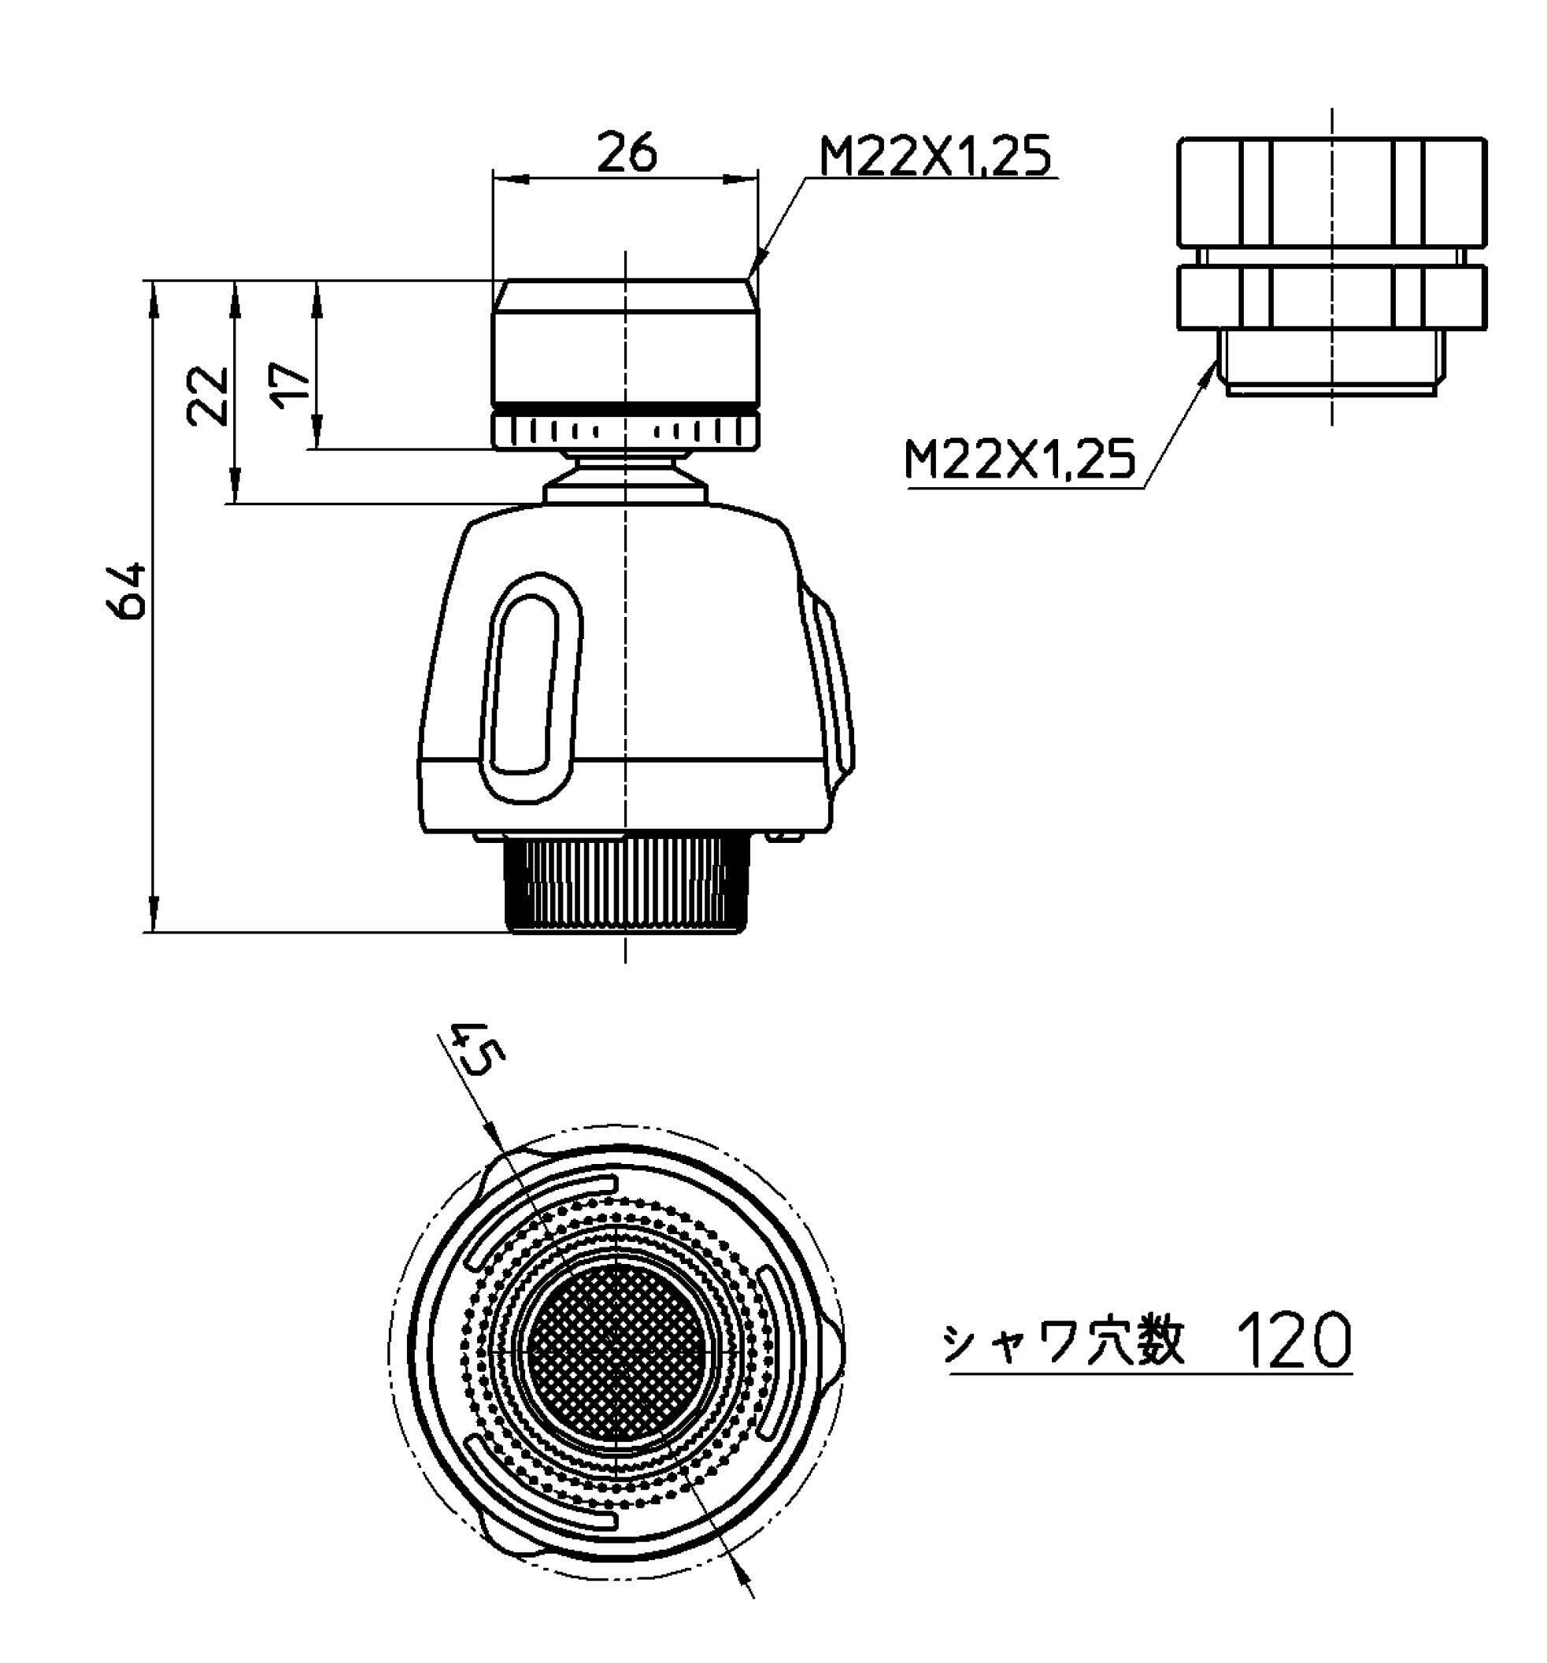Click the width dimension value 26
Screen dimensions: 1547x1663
(x=627, y=151)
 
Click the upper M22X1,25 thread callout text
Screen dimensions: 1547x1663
(x=934, y=156)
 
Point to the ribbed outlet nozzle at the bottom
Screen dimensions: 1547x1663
(x=625, y=883)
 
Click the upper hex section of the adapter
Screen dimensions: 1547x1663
(x=1330, y=191)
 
